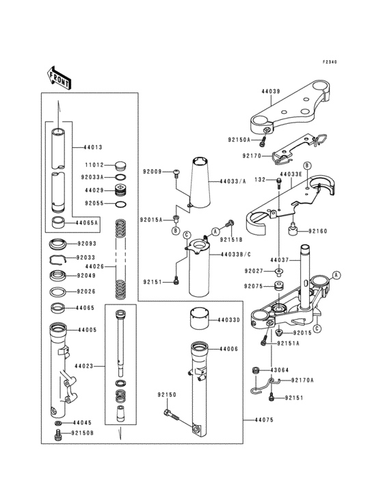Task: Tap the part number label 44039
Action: pyautogui.click(x=272, y=90)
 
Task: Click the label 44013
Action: pyautogui.click(x=93, y=146)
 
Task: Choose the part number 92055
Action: pyautogui.click(x=94, y=203)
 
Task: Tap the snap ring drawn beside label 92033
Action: pyautogui.click(x=60, y=258)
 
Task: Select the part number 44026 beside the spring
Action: pyautogui.click(x=94, y=266)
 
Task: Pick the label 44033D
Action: pyautogui.click(x=229, y=320)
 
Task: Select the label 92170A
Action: pyautogui.click(x=302, y=380)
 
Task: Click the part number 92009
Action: pyautogui.click(x=152, y=171)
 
